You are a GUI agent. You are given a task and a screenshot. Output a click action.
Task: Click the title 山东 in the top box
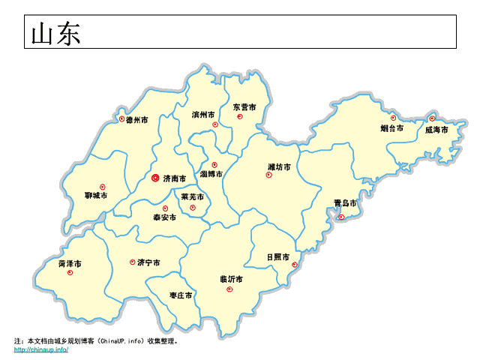55,33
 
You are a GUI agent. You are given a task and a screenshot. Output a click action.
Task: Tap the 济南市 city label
174,179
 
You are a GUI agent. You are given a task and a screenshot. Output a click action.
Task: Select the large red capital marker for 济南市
155,178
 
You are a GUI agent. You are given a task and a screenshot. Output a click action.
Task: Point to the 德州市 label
136,120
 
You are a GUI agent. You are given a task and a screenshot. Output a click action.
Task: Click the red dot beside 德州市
121,118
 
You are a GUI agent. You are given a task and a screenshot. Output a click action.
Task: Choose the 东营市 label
244,107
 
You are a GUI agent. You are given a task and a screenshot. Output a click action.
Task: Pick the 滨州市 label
203,115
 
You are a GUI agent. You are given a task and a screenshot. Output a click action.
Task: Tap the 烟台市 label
391,128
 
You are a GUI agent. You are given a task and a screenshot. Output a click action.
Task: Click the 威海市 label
436,130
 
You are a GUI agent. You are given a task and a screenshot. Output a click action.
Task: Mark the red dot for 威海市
432,118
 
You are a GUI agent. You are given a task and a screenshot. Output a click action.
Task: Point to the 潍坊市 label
280,166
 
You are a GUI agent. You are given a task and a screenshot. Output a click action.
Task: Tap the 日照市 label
277,256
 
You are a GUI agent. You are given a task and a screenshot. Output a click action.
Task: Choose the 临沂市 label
231,279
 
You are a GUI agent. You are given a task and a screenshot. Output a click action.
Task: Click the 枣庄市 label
181,295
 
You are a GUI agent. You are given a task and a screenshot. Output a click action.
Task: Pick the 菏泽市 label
70,264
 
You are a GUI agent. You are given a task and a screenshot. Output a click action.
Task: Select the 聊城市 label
96,196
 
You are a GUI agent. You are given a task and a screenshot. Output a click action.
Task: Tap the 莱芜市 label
193,197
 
